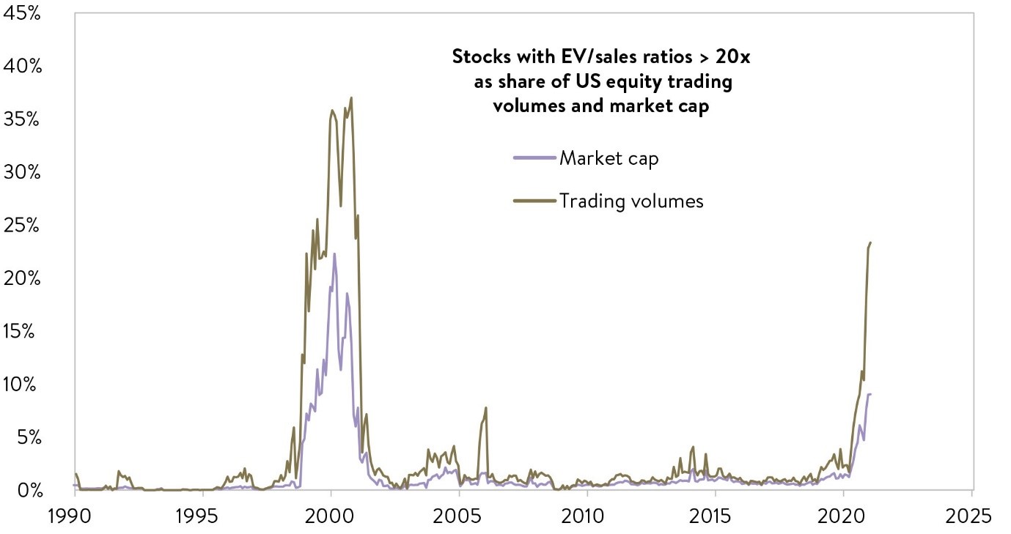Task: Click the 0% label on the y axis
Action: (29, 489)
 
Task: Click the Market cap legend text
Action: (609, 158)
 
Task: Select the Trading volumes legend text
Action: (631, 201)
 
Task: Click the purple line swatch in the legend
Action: (534, 158)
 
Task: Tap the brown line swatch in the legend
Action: (534, 201)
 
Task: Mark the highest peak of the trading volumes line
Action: (352, 97)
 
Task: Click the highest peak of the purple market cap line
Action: (334, 254)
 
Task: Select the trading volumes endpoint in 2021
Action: (870, 242)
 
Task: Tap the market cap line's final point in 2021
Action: (870, 394)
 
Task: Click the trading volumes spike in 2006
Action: (486, 408)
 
